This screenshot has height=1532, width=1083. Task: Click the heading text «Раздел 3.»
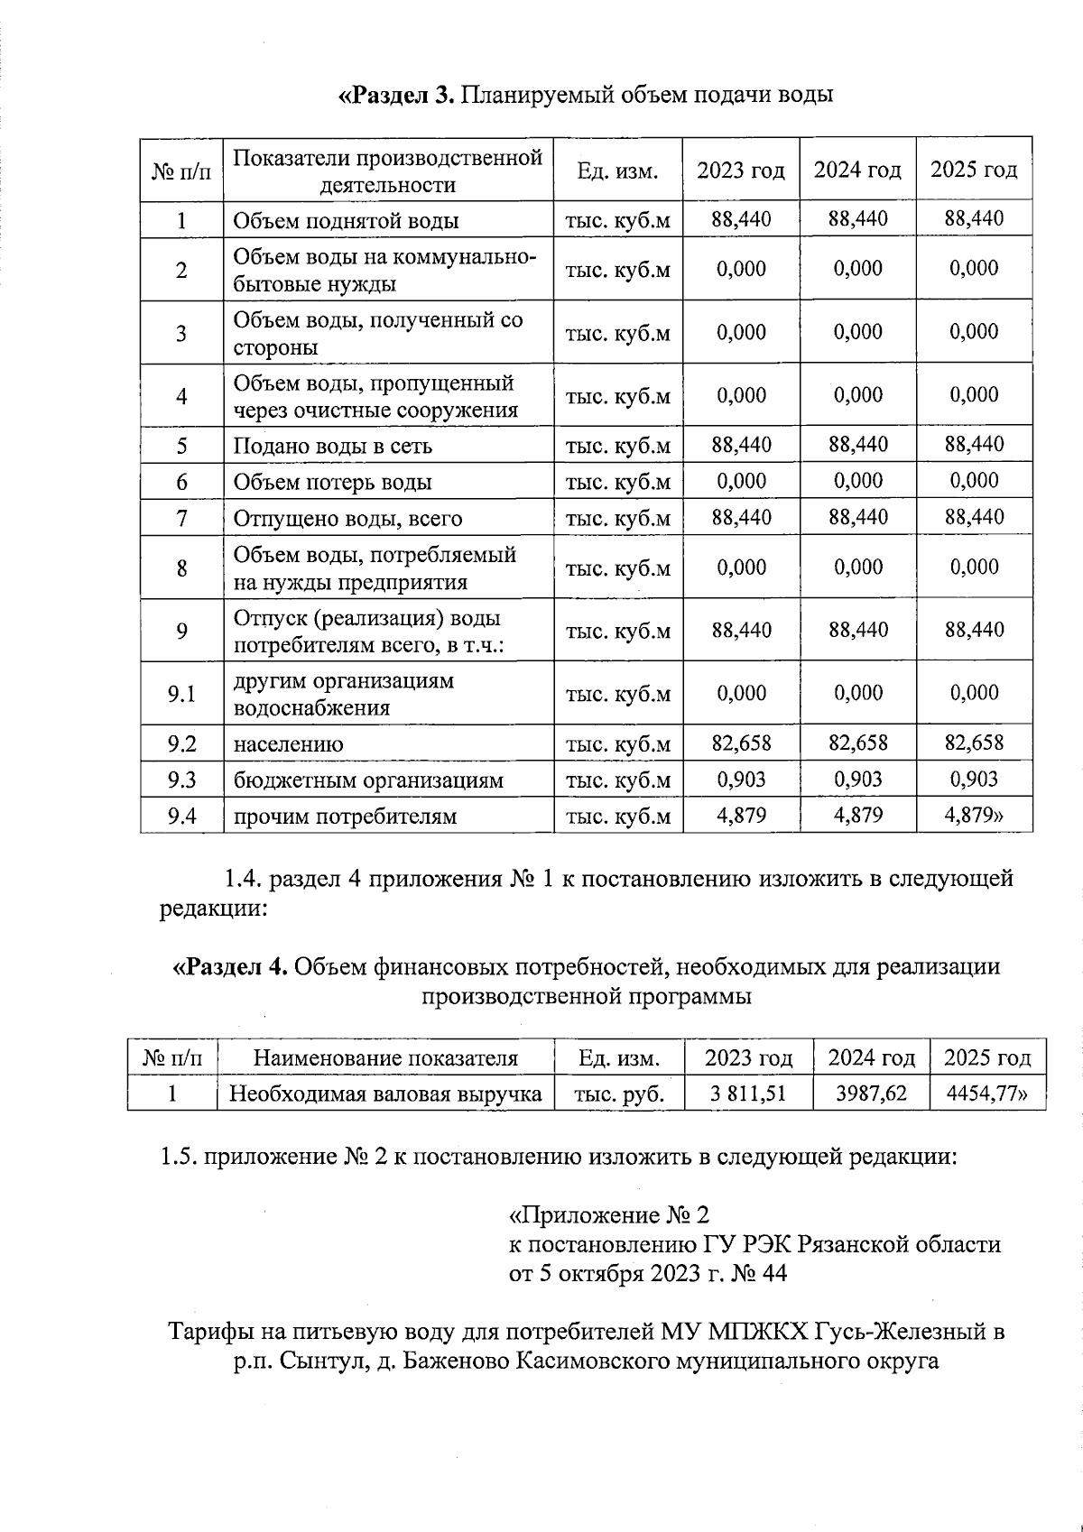point(397,95)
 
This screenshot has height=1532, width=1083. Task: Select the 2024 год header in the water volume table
point(857,170)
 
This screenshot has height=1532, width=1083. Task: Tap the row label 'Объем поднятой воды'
point(346,221)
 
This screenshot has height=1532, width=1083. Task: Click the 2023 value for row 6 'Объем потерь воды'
point(741,481)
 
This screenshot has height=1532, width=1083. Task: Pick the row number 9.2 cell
point(181,743)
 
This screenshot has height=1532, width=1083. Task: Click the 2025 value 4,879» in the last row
point(974,816)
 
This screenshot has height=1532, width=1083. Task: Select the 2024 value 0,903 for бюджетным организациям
point(857,780)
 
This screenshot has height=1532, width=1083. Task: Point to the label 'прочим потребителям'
point(345,817)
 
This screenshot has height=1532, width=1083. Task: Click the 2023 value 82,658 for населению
point(741,743)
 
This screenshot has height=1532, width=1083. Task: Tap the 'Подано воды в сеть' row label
point(332,446)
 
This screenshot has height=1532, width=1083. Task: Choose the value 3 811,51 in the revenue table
point(747,1094)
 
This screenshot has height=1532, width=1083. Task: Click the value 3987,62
point(871,1094)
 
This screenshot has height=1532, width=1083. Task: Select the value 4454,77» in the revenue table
point(986,1094)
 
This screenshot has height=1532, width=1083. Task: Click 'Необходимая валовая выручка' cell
point(385,1094)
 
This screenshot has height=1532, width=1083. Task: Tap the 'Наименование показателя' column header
point(385,1058)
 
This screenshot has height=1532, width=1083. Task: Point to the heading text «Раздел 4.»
point(230,967)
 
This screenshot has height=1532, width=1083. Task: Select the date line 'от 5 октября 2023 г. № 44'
point(648,1273)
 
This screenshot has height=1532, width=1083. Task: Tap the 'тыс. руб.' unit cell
point(619,1094)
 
